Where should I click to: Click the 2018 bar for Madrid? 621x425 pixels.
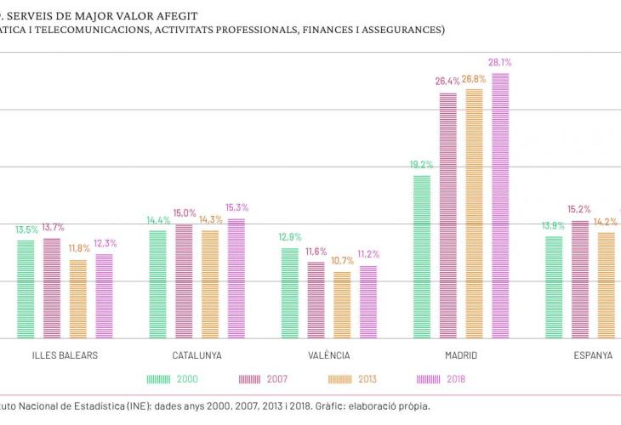coord(500,206)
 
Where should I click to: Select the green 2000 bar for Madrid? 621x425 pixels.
coord(422,257)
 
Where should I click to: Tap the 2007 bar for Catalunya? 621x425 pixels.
coord(184,281)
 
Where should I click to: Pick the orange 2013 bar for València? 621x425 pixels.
coord(342,304)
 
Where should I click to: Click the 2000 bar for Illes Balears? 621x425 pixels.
coord(26,289)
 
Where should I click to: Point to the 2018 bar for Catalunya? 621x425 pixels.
coord(236,278)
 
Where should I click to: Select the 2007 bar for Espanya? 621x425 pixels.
coord(580,280)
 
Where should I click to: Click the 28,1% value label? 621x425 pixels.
coord(500,62)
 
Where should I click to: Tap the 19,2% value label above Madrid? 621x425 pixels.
coord(422,165)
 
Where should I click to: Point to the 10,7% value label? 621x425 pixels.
coord(342,260)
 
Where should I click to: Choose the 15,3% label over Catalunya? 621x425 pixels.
coord(236,207)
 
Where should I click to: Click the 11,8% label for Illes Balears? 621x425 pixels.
coord(79,248)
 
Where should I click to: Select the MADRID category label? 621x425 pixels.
coord(461,355)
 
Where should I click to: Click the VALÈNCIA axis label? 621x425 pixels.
coord(329,355)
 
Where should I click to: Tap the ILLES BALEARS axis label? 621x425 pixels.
coord(65,355)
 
